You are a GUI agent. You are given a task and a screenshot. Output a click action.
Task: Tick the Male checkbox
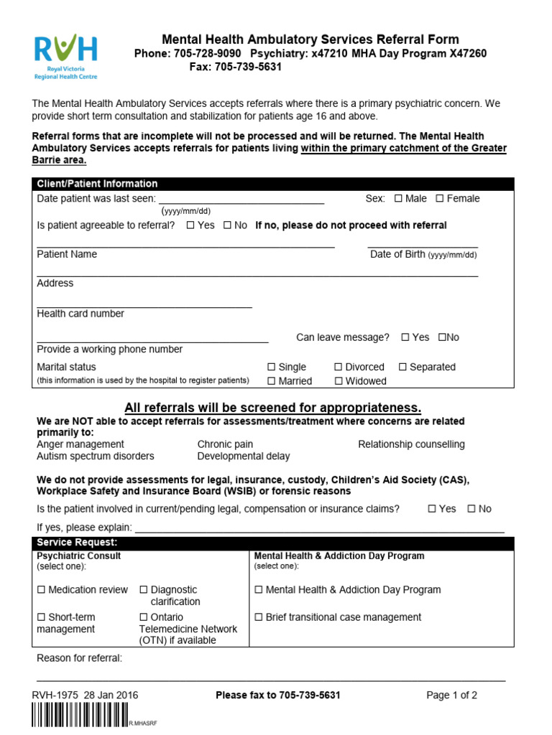pos(398,199)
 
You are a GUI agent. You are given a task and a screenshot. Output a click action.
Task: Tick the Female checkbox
pos(440,199)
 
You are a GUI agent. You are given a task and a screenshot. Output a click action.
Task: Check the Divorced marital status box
pos(339,367)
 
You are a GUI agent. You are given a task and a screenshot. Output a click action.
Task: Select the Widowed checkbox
pos(339,381)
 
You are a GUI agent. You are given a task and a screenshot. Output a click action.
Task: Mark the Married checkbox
pos(272,381)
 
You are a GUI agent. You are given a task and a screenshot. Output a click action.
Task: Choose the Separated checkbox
pos(402,367)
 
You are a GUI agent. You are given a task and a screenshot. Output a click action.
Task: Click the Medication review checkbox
pos(41,590)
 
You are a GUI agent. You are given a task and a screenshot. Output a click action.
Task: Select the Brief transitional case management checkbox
pos(259,617)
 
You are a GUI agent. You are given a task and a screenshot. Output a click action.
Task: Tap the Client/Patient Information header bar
pos(273,184)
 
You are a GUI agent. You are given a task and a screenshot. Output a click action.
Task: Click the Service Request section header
pos(273,543)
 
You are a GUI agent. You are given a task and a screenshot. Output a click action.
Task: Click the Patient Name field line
pos(185,247)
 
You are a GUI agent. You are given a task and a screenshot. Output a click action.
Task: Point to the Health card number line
pos(144,307)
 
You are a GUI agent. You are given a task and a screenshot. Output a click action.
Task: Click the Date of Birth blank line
pos(423,247)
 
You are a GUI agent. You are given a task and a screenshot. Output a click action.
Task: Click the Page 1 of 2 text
pos(451,695)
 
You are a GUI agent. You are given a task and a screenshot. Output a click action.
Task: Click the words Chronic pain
pos(225,444)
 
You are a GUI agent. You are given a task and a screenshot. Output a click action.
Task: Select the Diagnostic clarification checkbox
pos(144,590)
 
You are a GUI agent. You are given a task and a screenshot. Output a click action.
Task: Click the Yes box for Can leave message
pos(405,337)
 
